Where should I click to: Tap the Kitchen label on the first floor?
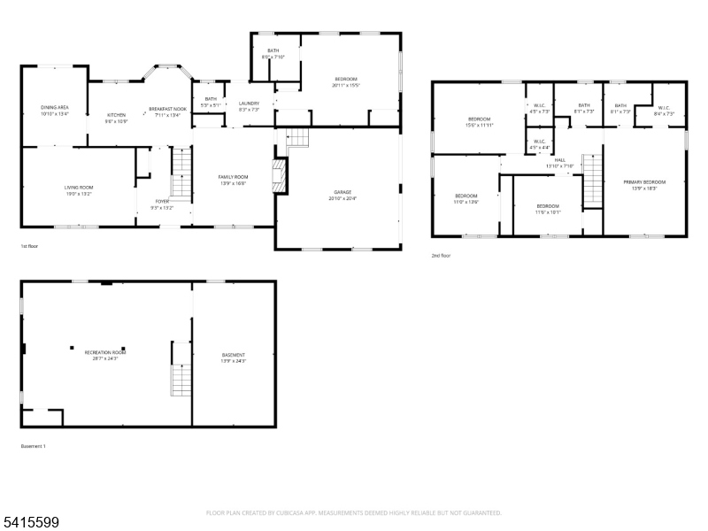[x=117, y=115]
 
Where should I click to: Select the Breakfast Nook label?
[x=167, y=109]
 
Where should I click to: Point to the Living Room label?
[x=79, y=188]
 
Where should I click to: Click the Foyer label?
[x=162, y=201]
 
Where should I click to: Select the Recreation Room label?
[x=104, y=352]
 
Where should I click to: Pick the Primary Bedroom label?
[x=643, y=181]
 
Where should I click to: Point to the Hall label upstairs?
[x=559, y=160]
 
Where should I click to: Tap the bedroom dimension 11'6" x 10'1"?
[x=548, y=212]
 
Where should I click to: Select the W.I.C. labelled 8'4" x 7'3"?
[x=664, y=112]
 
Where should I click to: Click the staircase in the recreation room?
[x=181, y=372]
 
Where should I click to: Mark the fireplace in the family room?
[x=280, y=175]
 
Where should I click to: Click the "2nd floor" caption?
[x=441, y=255]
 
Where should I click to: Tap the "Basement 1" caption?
[x=33, y=446]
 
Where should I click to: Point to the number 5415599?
[x=30, y=522]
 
